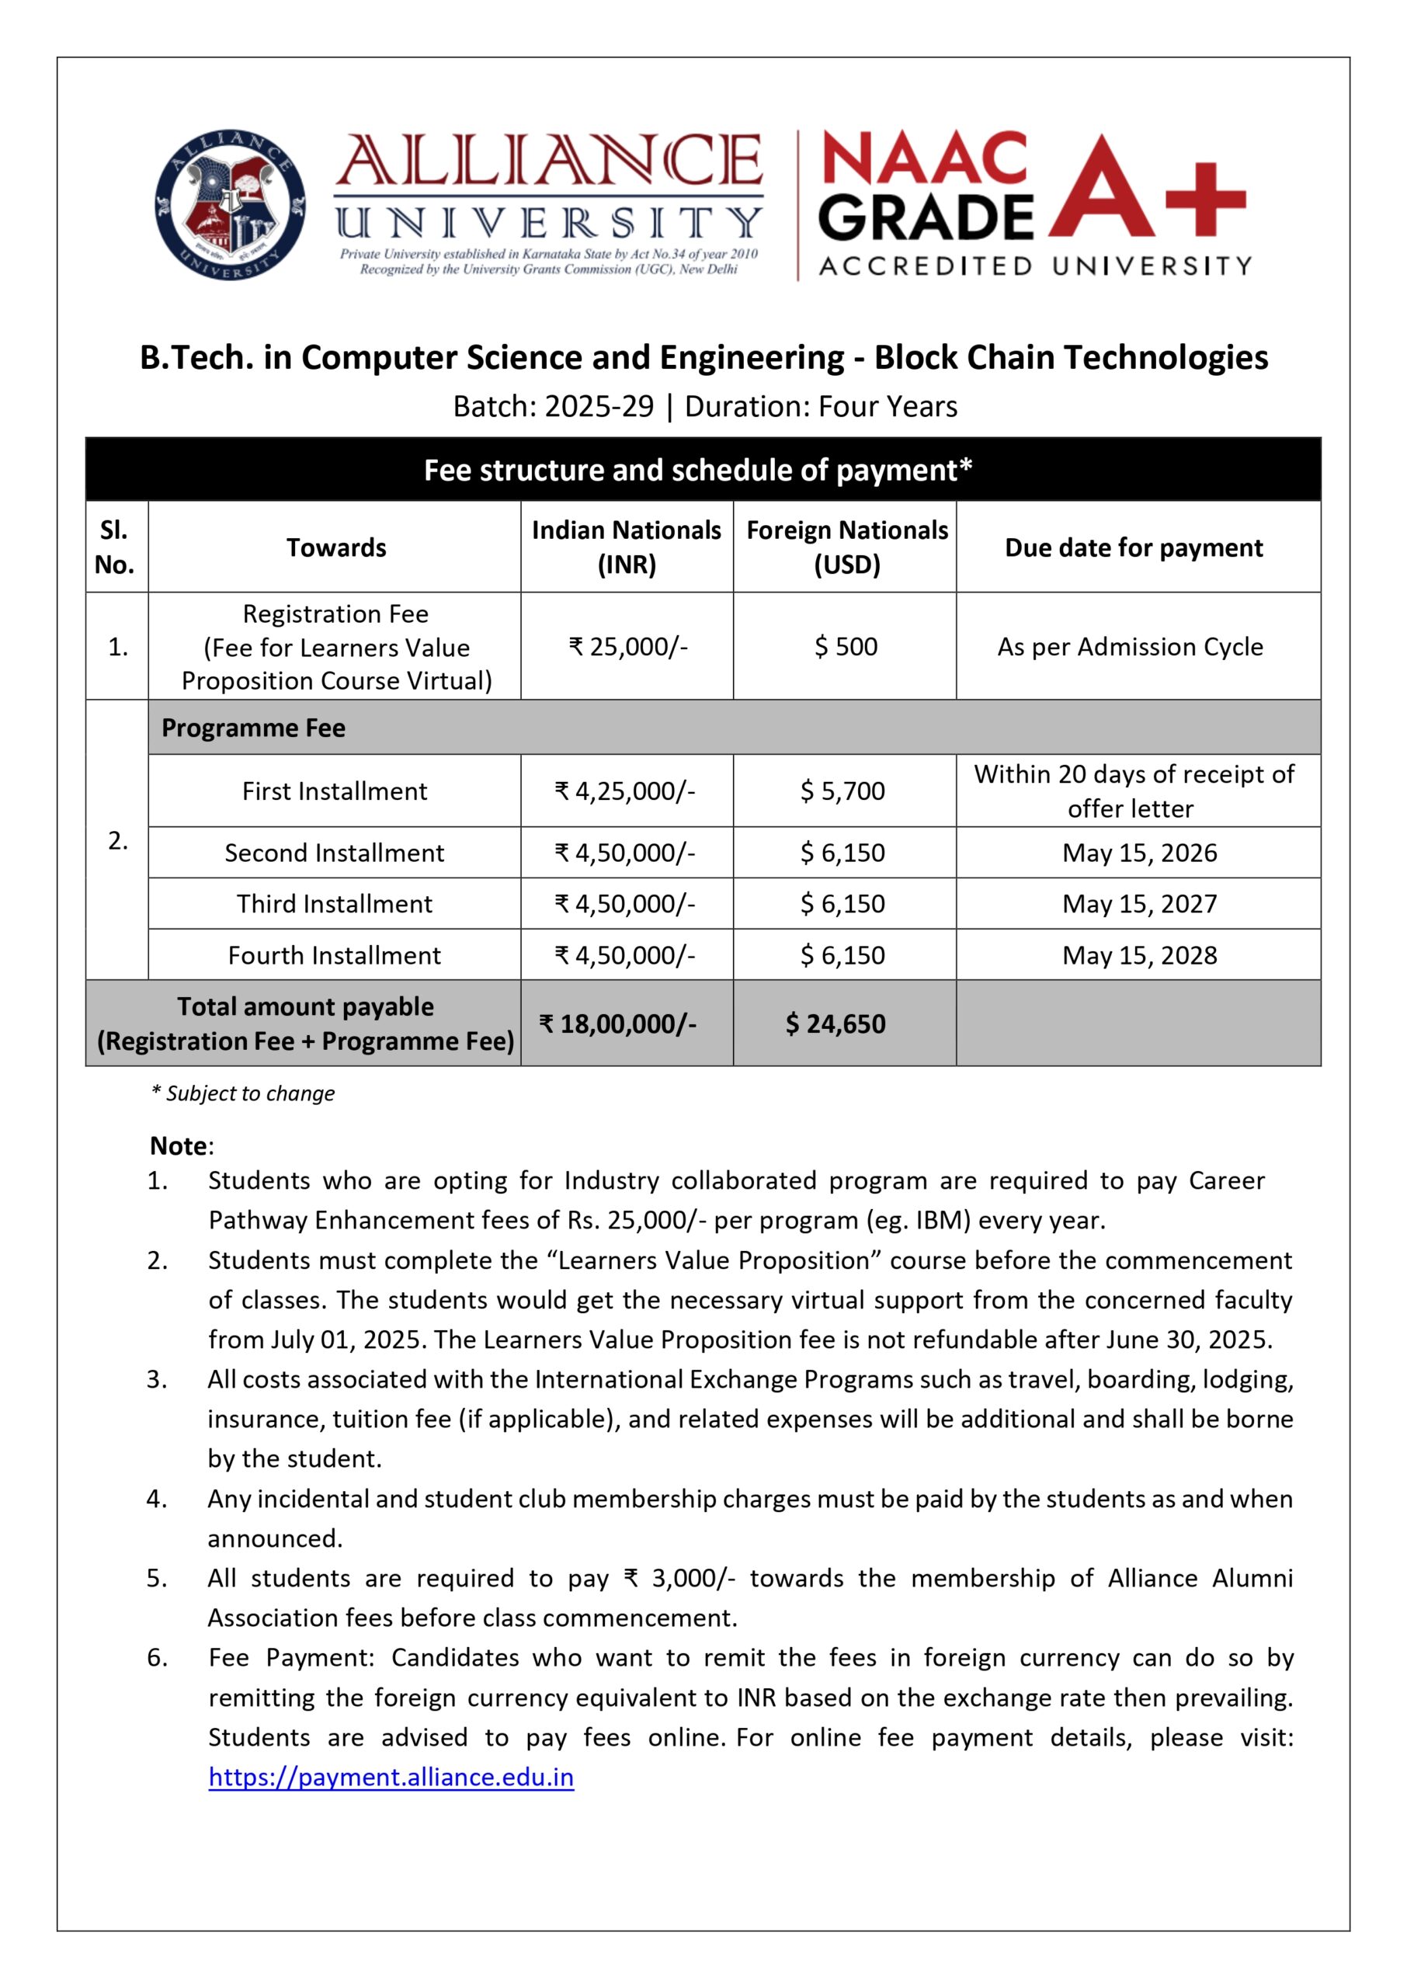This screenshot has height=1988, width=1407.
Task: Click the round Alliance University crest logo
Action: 230,205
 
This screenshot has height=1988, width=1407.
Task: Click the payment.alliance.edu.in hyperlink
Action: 391,1777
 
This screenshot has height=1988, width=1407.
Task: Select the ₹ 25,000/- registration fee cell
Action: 627,646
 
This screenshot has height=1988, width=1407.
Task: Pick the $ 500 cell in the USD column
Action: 846,646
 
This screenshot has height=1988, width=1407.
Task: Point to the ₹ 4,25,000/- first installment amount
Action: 624,791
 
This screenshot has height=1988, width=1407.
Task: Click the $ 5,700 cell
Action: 842,791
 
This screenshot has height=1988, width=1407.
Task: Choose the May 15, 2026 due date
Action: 1139,853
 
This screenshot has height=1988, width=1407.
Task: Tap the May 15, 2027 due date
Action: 1139,903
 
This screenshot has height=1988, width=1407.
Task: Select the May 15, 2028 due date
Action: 1139,955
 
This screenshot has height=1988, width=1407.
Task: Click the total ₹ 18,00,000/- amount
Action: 618,1024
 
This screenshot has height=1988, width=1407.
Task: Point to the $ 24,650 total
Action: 836,1024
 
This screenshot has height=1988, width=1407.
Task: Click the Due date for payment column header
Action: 1133,547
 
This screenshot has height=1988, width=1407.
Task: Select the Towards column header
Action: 336,547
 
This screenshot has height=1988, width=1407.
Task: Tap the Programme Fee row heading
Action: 253,728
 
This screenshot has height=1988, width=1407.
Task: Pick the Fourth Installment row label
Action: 335,955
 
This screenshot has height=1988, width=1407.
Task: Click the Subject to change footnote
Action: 244,1093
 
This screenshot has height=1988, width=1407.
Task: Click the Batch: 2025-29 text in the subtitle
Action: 553,406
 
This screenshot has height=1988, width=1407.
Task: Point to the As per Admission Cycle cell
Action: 1130,646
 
